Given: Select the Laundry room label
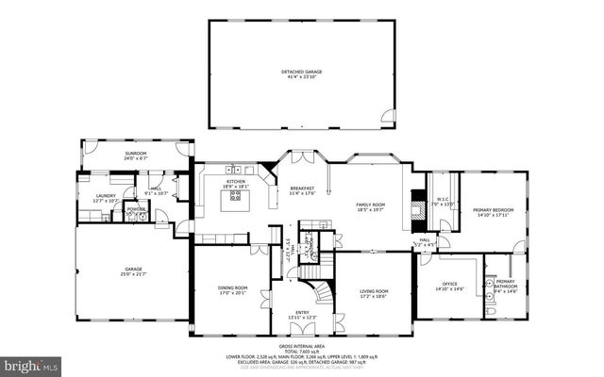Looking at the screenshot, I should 104,196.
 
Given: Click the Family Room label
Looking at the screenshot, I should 370,205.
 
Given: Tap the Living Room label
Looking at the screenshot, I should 374,291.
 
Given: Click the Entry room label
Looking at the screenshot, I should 297,312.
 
